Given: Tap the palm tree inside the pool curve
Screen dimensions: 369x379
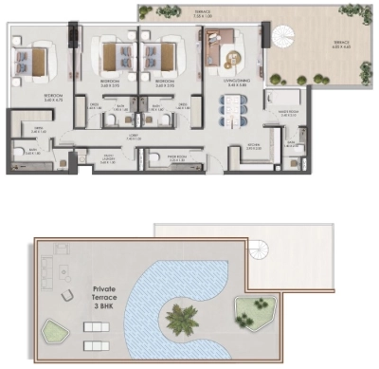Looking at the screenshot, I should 180,318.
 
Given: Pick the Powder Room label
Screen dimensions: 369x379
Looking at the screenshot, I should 175,160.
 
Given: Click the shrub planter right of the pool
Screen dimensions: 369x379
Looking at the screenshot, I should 254,309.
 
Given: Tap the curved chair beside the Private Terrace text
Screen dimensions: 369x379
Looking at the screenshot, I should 66,297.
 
